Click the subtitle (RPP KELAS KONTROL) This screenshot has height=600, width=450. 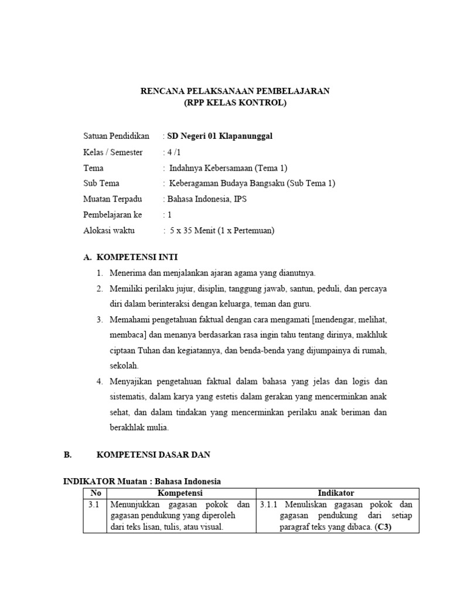[x=235, y=103]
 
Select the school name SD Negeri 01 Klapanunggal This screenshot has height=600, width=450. [x=220, y=137]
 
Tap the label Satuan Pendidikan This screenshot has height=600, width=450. [x=116, y=137]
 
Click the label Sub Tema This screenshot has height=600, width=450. [x=101, y=183]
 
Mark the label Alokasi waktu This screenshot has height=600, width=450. [x=109, y=230]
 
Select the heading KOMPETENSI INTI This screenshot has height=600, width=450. [x=137, y=257]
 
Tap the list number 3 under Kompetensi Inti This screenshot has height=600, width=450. [x=100, y=320]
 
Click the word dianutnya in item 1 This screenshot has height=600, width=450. [x=296, y=273]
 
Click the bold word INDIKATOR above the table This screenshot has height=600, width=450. [x=89, y=482]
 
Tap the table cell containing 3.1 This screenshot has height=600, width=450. [x=94, y=504]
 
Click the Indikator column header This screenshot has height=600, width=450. [x=336, y=493]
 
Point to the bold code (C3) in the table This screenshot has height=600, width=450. [x=384, y=527]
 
